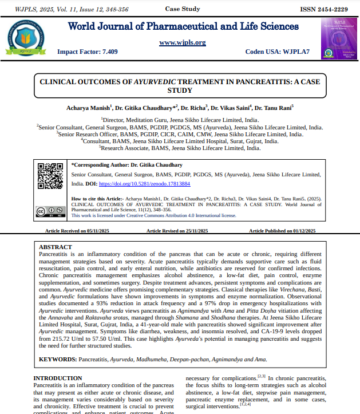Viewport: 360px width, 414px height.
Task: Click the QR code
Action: pyautogui.click(x=50, y=176)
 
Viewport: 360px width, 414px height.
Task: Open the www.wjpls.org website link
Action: pyautogui.click(x=182, y=42)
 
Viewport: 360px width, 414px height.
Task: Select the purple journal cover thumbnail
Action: pyautogui.click(x=335, y=38)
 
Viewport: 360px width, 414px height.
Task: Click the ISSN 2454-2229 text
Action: pyautogui.click(x=323, y=10)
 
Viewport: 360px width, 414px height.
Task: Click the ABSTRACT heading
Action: pyautogui.click(x=55, y=246)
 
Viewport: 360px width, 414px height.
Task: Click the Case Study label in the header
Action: pyautogui.click(x=182, y=10)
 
